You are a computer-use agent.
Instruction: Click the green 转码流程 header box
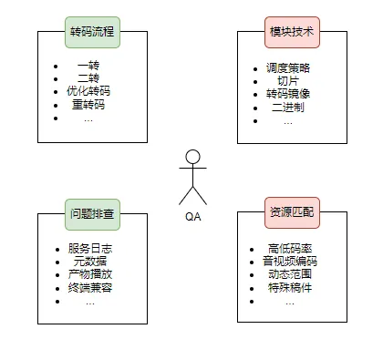click(x=92, y=31)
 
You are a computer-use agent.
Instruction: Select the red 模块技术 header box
click(x=291, y=31)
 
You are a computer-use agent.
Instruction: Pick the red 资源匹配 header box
click(x=291, y=212)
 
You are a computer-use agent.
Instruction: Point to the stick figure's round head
click(x=192, y=157)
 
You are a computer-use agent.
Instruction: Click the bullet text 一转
click(x=88, y=67)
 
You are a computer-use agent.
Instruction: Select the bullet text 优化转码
click(x=88, y=92)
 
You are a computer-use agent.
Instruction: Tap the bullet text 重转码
click(x=88, y=105)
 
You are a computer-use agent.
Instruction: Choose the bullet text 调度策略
click(x=288, y=67)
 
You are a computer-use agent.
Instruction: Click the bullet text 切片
click(x=288, y=80)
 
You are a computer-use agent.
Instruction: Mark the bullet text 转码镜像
click(x=288, y=94)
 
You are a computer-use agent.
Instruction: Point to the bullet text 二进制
click(x=288, y=107)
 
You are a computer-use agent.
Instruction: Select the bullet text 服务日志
click(x=89, y=249)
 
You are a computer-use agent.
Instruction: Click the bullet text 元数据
click(x=89, y=262)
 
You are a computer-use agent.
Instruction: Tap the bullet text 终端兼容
click(x=89, y=288)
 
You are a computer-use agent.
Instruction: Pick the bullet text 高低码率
click(x=289, y=249)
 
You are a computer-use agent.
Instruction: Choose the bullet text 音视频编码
click(x=289, y=262)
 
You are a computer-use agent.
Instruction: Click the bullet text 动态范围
click(x=289, y=275)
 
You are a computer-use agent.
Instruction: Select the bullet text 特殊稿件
click(x=289, y=288)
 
